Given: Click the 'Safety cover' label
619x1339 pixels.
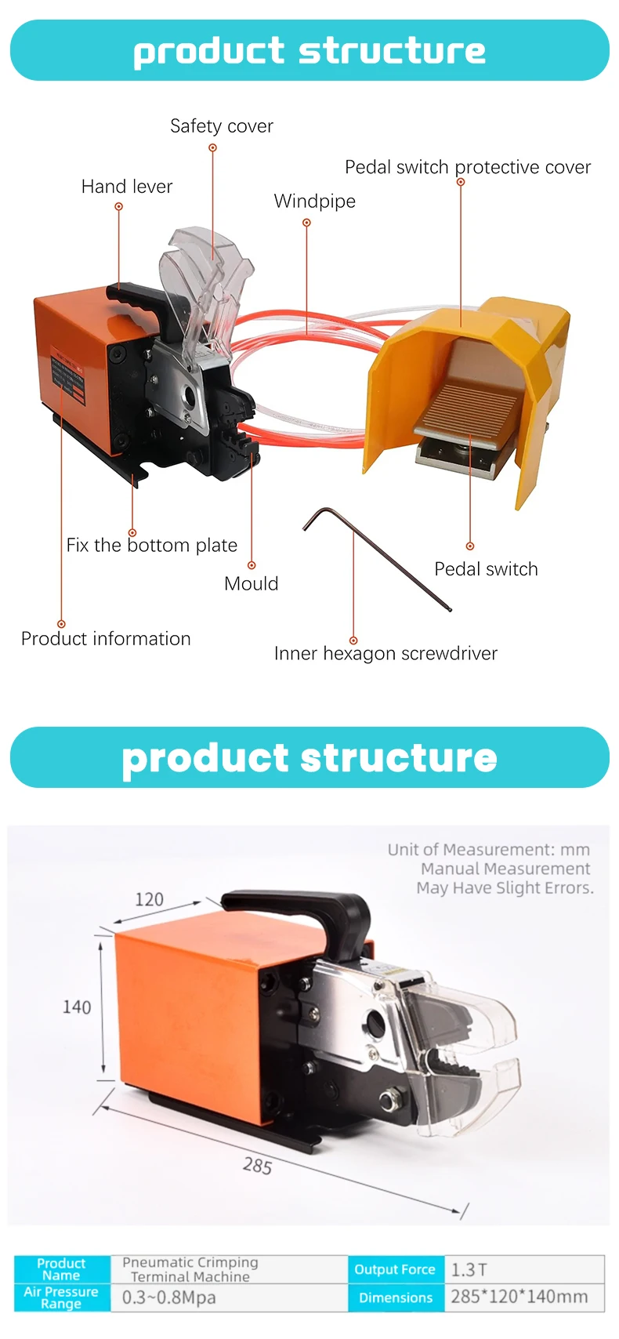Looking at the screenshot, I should pyautogui.click(x=222, y=126).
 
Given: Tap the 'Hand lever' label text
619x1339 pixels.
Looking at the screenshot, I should pyautogui.click(x=127, y=187).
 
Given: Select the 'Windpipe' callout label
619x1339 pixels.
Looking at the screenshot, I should pyautogui.click(x=314, y=201).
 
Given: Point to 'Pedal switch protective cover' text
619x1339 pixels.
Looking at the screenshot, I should pyautogui.click(x=468, y=167).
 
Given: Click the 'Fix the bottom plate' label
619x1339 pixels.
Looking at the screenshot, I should pyautogui.click(x=151, y=545).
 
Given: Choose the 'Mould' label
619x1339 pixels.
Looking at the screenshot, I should pyautogui.click(x=251, y=583).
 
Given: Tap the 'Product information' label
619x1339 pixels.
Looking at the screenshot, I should pyautogui.click(x=106, y=639).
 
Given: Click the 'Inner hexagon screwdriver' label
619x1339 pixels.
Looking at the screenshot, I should pyautogui.click(x=386, y=653).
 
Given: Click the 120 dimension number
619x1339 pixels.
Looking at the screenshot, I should pyautogui.click(x=149, y=899).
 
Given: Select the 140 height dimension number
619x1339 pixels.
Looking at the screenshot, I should pyautogui.click(x=77, y=1007).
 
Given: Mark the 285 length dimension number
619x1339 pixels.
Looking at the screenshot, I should pyautogui.click(x=257, y=1166).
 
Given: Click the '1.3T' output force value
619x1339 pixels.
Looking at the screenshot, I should pyautogui.click(x=469, y=1269).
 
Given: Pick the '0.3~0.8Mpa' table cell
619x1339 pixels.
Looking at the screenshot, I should pyautogui.click(x=168, y=1297).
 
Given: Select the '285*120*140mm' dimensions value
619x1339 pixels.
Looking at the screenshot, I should pyautogui.click(x=519, y=1297).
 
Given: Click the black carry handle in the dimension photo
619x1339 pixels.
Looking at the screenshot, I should pyautogui.click(x=298, y=909).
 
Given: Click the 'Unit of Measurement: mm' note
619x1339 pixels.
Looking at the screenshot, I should pyautogui.click(x=488, y=849).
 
